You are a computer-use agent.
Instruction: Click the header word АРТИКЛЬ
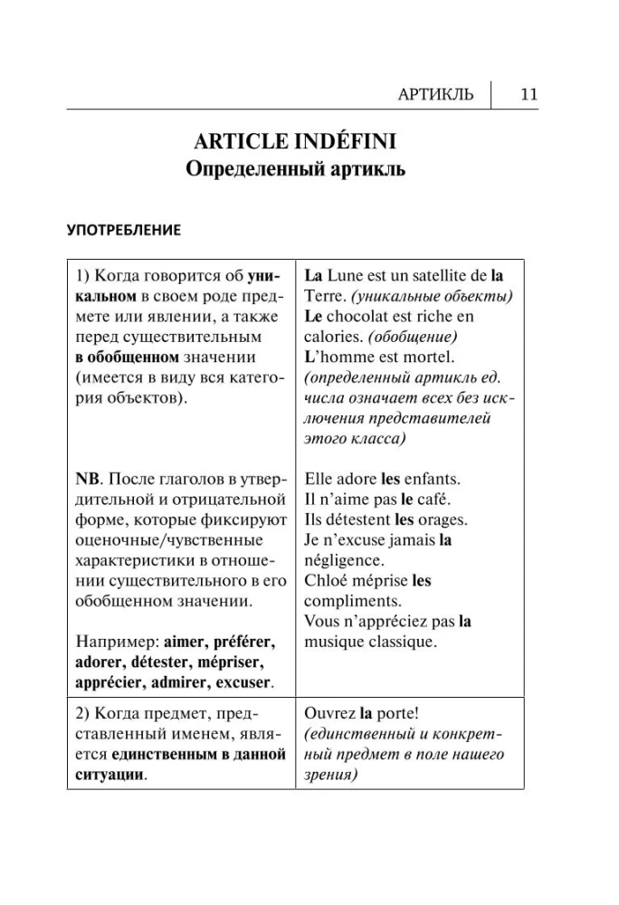click(435, 94)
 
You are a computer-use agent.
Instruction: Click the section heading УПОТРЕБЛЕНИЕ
click(124, 230)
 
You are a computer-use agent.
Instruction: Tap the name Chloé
click(326, 581)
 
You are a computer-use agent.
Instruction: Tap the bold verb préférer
click(243, 642)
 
